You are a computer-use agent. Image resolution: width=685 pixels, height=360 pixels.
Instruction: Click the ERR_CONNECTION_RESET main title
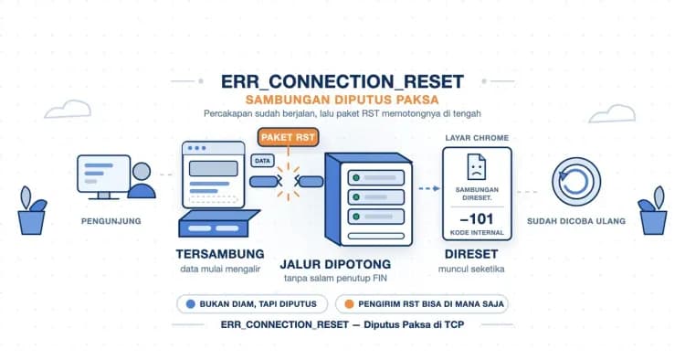342,81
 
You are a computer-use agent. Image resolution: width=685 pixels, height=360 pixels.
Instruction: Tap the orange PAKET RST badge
288,137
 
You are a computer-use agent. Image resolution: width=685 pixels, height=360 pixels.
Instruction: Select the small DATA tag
262,161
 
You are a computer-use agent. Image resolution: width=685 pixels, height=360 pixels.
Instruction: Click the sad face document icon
476,166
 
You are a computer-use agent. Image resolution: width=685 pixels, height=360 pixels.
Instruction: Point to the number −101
477,219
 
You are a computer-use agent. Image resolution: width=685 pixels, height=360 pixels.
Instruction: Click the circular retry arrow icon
576,182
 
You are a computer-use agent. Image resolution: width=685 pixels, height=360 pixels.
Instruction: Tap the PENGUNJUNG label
111,221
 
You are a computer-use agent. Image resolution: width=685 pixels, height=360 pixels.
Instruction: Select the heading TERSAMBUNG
220,254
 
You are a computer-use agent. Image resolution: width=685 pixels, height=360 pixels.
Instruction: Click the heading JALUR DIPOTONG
335,264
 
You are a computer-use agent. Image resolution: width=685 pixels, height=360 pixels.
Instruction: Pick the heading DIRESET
471,254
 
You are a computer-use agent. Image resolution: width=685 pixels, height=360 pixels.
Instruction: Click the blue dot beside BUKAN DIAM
191,304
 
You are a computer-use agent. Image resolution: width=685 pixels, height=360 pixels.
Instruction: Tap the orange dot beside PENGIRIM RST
349,304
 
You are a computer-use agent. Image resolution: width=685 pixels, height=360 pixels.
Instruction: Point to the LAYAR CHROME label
477,138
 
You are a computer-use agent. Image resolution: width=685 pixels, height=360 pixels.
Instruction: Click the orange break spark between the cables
288,180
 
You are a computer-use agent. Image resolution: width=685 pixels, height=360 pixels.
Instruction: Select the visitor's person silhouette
142,180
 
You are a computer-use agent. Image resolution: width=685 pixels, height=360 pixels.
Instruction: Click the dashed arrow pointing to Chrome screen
429,189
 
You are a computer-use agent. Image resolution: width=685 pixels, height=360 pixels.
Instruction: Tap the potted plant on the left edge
31,210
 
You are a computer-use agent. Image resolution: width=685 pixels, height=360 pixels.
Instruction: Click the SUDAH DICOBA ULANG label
576,221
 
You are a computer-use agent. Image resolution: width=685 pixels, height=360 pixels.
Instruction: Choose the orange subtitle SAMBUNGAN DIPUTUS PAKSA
342,100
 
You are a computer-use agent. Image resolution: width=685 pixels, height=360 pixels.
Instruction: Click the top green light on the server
356,178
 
